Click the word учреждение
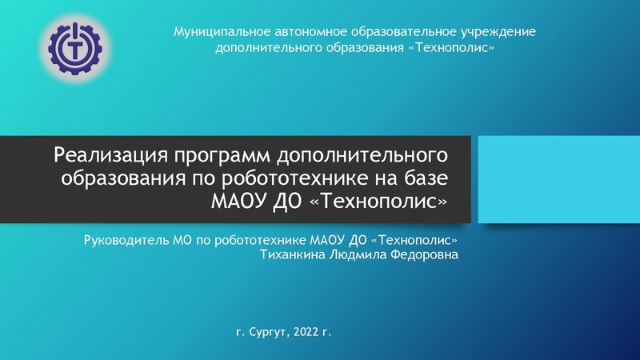point(496,32)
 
